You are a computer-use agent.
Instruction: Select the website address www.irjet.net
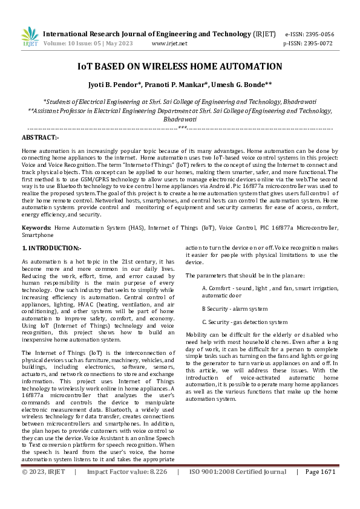169,44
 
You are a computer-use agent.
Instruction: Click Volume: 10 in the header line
58,44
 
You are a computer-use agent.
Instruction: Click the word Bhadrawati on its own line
180,120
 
